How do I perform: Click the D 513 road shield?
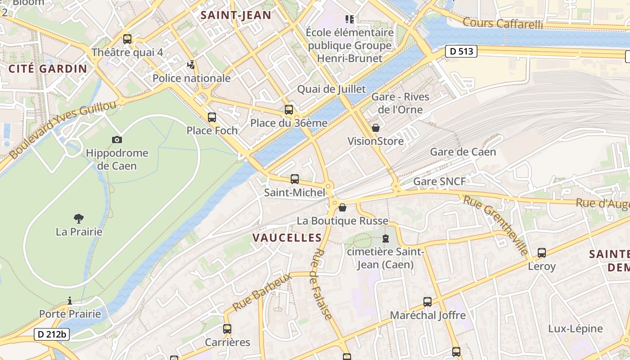462,51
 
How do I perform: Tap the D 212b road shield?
52,334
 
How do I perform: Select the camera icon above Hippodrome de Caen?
117,140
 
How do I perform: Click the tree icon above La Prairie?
79,219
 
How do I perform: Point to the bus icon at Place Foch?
211,117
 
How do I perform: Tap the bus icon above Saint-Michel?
295,179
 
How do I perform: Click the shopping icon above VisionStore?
376,128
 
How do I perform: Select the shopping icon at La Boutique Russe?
342,207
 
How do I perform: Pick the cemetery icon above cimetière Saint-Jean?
386,238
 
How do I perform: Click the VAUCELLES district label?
287,238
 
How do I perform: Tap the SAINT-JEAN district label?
236,15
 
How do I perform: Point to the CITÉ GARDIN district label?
48,69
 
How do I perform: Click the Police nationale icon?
191,65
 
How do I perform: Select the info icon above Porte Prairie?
70,300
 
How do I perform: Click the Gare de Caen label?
463,152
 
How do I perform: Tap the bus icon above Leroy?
542,253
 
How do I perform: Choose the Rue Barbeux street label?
262,292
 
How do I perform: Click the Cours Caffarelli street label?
503,23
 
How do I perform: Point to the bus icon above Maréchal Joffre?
427,301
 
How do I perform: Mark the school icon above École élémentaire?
350,19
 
